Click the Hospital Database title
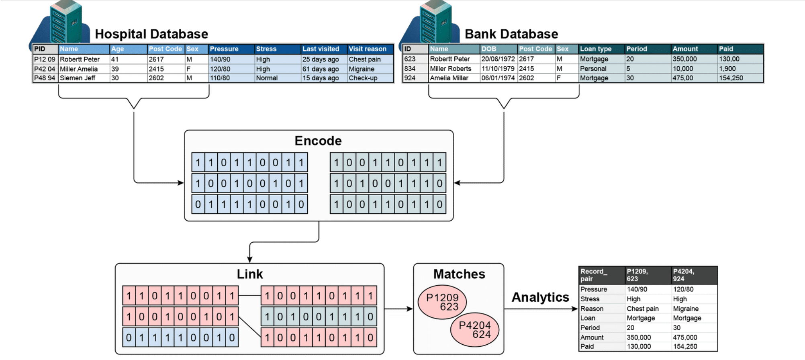(151, 34)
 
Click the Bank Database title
(511, 34)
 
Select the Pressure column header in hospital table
(224, 49)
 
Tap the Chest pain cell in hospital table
(364, 59)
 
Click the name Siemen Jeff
(78, 78)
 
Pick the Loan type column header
(595, 49)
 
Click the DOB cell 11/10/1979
(498, 69)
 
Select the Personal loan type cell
(593, 69)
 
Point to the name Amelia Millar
(449, 78)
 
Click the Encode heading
(318, 141)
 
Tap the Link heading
(249, 274)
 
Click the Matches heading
(459, 274)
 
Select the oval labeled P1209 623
(442, 302)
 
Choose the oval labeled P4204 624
(475, 330)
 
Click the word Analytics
(540, 297)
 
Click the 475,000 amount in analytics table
(685, 337)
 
